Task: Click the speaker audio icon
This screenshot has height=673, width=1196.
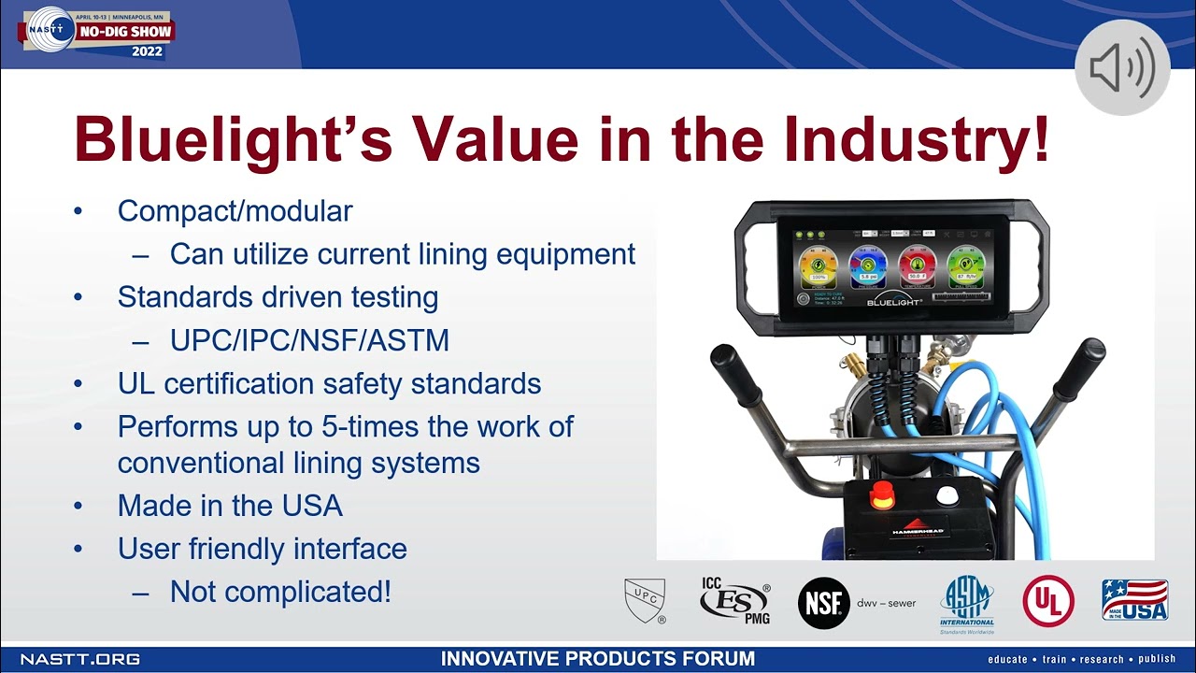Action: click(x=1122, y=68)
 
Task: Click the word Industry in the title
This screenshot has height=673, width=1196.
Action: click(x=917, y=141)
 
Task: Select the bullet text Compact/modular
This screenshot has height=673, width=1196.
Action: click(x=235, y=211)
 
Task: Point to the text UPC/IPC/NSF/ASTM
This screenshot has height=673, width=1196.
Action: click(x=309, y=340)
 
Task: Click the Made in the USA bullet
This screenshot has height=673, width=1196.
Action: click(x=230, y=506)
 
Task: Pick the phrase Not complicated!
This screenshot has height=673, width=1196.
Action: click(x=280, y=592)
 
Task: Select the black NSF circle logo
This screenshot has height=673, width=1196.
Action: click(x=823, y=603)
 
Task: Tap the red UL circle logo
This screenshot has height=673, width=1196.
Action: click(x=1047, y=601)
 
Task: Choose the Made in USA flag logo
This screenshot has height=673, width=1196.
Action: click(x=1134, y=600)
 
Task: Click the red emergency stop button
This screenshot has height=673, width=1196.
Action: click(x=882, y=496)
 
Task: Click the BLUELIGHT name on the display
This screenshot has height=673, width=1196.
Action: click(x=894, y=303)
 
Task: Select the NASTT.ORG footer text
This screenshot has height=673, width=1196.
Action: click(x=80, y=659)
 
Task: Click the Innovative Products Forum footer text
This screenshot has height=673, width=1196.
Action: click(x=597, y=659)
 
